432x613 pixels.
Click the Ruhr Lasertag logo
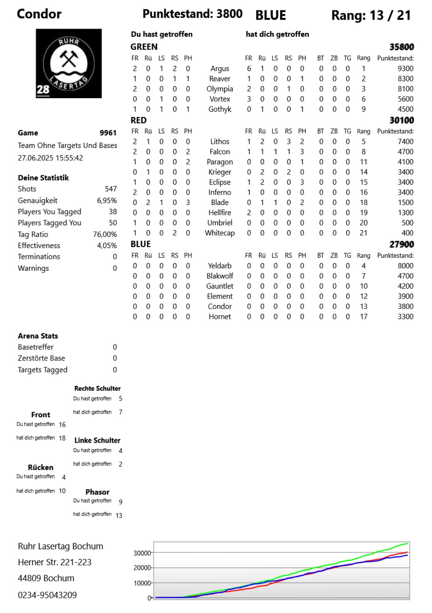point(69,63)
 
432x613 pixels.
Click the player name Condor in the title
point(39,14)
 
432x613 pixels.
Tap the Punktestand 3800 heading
point(192,14)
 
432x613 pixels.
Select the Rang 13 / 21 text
point(371,15)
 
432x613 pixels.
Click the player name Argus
point(219,68)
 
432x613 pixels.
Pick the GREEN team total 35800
point(401,47)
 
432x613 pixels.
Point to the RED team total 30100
point(401,120)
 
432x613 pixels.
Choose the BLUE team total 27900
point(401,244)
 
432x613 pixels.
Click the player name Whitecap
point(219,233)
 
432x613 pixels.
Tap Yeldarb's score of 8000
point(405,266)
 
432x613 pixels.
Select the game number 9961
point(108,133)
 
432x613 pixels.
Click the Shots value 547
point(111,189)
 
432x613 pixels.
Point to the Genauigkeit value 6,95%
point(107,200)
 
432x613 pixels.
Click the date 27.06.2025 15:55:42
point(50,158)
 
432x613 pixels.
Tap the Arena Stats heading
point(38,336)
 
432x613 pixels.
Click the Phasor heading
point(97,492)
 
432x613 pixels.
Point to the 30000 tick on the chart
point(142,553)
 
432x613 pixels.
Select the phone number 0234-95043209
point(47,595)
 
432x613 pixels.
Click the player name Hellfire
point(219,212)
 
